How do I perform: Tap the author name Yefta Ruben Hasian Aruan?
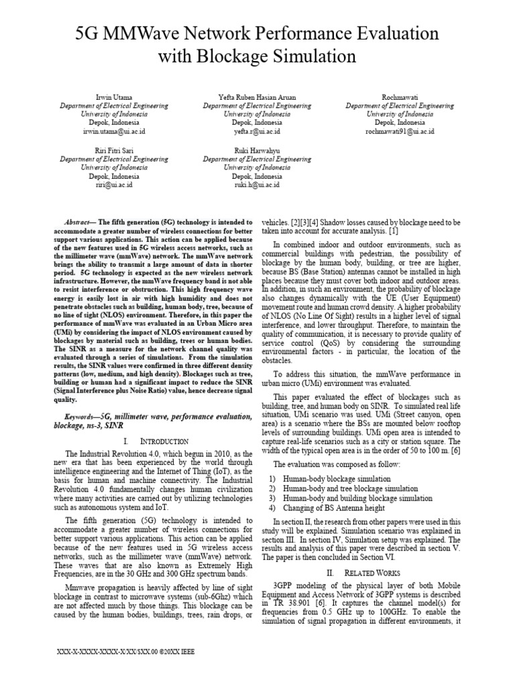[257, 97]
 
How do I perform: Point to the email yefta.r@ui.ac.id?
[257, 132]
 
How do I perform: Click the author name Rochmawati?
[400, 97]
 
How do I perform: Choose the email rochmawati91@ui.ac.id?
[400, 132]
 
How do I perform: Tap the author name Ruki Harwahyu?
[257, 150]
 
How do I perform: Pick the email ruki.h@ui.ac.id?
[257, 185]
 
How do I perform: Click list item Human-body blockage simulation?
[337, 479]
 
